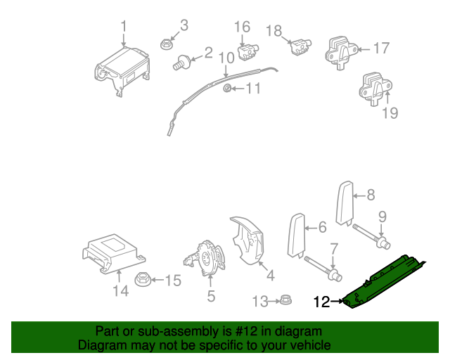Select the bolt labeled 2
[182, 63]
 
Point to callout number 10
[226, 57]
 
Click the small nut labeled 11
[227, 89]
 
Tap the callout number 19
[390, 112]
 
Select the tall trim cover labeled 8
[345, 202]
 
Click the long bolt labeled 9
[368, 236]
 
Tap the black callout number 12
[321, 302]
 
